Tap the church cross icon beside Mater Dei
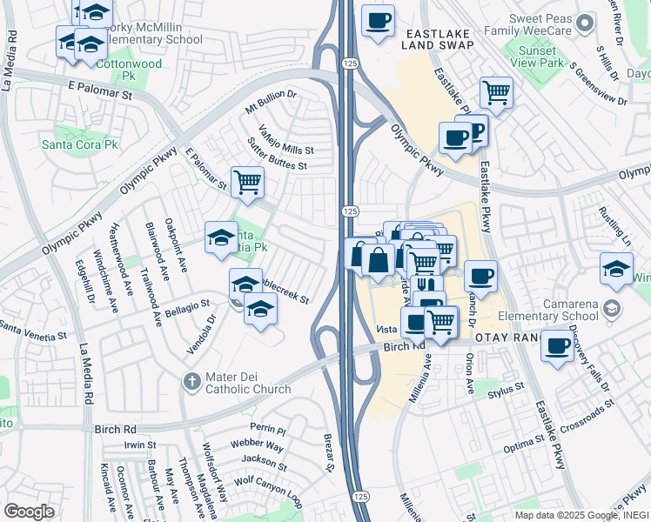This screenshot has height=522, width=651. coord(193,381)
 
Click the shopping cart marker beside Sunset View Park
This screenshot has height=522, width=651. coord(496,92)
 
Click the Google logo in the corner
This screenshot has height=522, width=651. coord(29,512)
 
